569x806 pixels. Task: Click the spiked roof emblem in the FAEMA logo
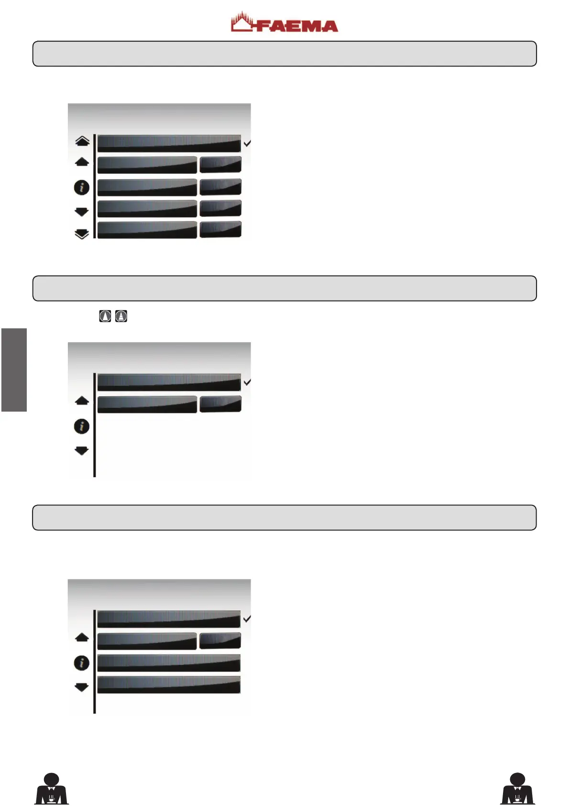click(242, 22)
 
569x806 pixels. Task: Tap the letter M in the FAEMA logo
click(308, 26)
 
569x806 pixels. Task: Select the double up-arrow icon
click(82, 141)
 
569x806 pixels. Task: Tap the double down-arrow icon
click(82, 234)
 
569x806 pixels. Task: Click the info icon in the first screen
click(82, 188)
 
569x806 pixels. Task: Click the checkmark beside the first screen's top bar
click(247, 143)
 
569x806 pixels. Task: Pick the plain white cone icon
click(105, 316)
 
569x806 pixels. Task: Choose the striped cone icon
click(121, 316)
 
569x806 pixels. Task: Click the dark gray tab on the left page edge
click(14, 369)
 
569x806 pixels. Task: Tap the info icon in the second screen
click(82, 426)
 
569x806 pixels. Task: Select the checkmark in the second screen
click(247, 382)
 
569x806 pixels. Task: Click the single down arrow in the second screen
click(82, 450)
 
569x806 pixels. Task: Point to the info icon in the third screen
click(82, 663)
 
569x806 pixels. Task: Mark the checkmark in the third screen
click(247, 619)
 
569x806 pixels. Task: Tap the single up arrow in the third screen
click(82, 637)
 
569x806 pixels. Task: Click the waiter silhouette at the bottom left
click(52, 789)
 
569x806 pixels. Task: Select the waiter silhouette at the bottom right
click(517, 789)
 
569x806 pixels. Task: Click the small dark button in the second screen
click(220, 404)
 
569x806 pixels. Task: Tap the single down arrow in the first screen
click(82, 212)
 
